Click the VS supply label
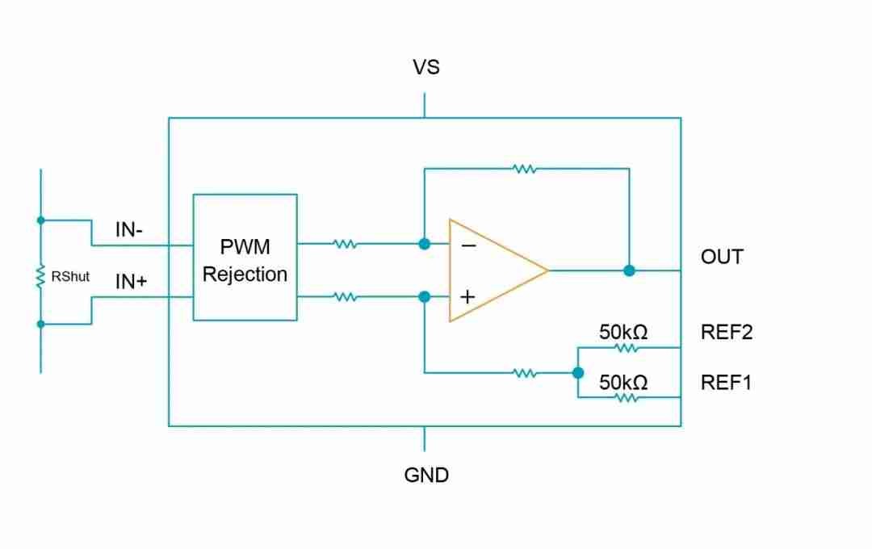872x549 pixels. [x=426, y=68]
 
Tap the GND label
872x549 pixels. [x=426, y=475]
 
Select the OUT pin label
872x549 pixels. [x=722, y=258]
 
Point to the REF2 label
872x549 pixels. [x=727, y=332]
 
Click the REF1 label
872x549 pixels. [x=726, y=382]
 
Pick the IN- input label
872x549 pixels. [x=129, y=229]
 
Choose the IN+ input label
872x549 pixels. [x=131, y=282]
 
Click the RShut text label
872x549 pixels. [x=70, y=276]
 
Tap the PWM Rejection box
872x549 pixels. [x=245, y=258]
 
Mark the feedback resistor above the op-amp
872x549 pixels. [x=525, y=169]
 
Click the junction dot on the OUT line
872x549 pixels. [x=629, y=270]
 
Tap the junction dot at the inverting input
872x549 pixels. [x=424, y=244]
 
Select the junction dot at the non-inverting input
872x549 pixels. [x=424, y=296]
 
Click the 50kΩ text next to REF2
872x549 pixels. [x=623, y=332]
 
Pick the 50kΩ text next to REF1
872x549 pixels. [x=623, y=382]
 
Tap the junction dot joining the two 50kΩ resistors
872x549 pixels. [x=578, y=373]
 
